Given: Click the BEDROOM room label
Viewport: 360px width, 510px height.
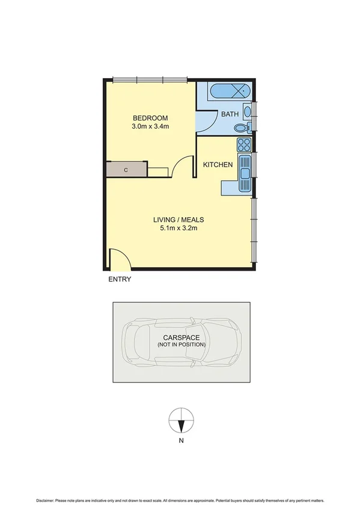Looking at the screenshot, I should coord(150,118).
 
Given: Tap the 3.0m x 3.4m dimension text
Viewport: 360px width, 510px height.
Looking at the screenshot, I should coord(150,127).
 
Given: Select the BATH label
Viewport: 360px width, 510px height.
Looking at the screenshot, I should coord(230,114).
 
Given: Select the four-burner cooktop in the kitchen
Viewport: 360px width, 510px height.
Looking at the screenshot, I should coord(244,144).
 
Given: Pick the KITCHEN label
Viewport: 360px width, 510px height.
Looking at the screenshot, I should coord(217,165).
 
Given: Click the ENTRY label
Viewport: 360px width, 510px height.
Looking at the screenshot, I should coord(120,280).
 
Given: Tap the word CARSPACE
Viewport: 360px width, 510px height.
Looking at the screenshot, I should coord(181,337).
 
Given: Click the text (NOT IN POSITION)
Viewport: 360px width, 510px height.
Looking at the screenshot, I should coord(181,345).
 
